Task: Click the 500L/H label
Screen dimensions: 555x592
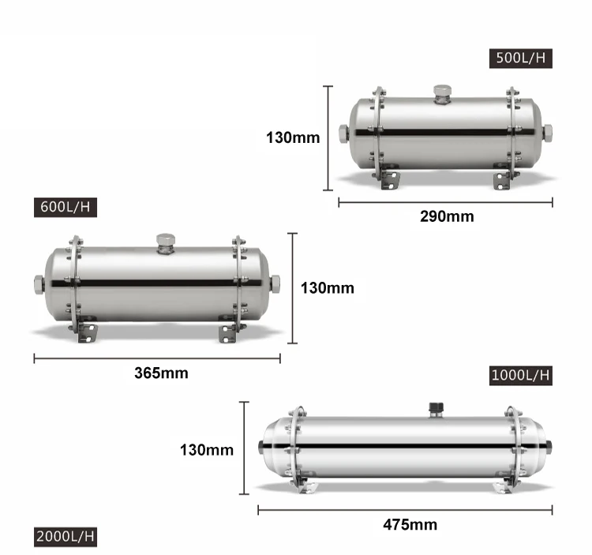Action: [520, 58]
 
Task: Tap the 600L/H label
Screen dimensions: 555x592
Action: [67, 208]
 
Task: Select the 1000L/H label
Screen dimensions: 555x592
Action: [519, 374]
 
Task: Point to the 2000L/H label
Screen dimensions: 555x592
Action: [66, 537]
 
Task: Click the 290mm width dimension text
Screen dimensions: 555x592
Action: [446, 216]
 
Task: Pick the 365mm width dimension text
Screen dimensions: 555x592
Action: [160, 373]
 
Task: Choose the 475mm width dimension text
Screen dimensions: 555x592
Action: [410, 524]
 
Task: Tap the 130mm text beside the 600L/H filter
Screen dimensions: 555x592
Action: [327, 288]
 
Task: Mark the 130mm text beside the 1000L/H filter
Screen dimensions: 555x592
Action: [207, 450]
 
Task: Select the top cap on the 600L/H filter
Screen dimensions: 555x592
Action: [165, 241]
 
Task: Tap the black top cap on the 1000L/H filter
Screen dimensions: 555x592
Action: [435, 408]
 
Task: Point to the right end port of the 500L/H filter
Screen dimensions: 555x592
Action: [547, 133]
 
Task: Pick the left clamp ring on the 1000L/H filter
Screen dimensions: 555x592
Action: [297, 447]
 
